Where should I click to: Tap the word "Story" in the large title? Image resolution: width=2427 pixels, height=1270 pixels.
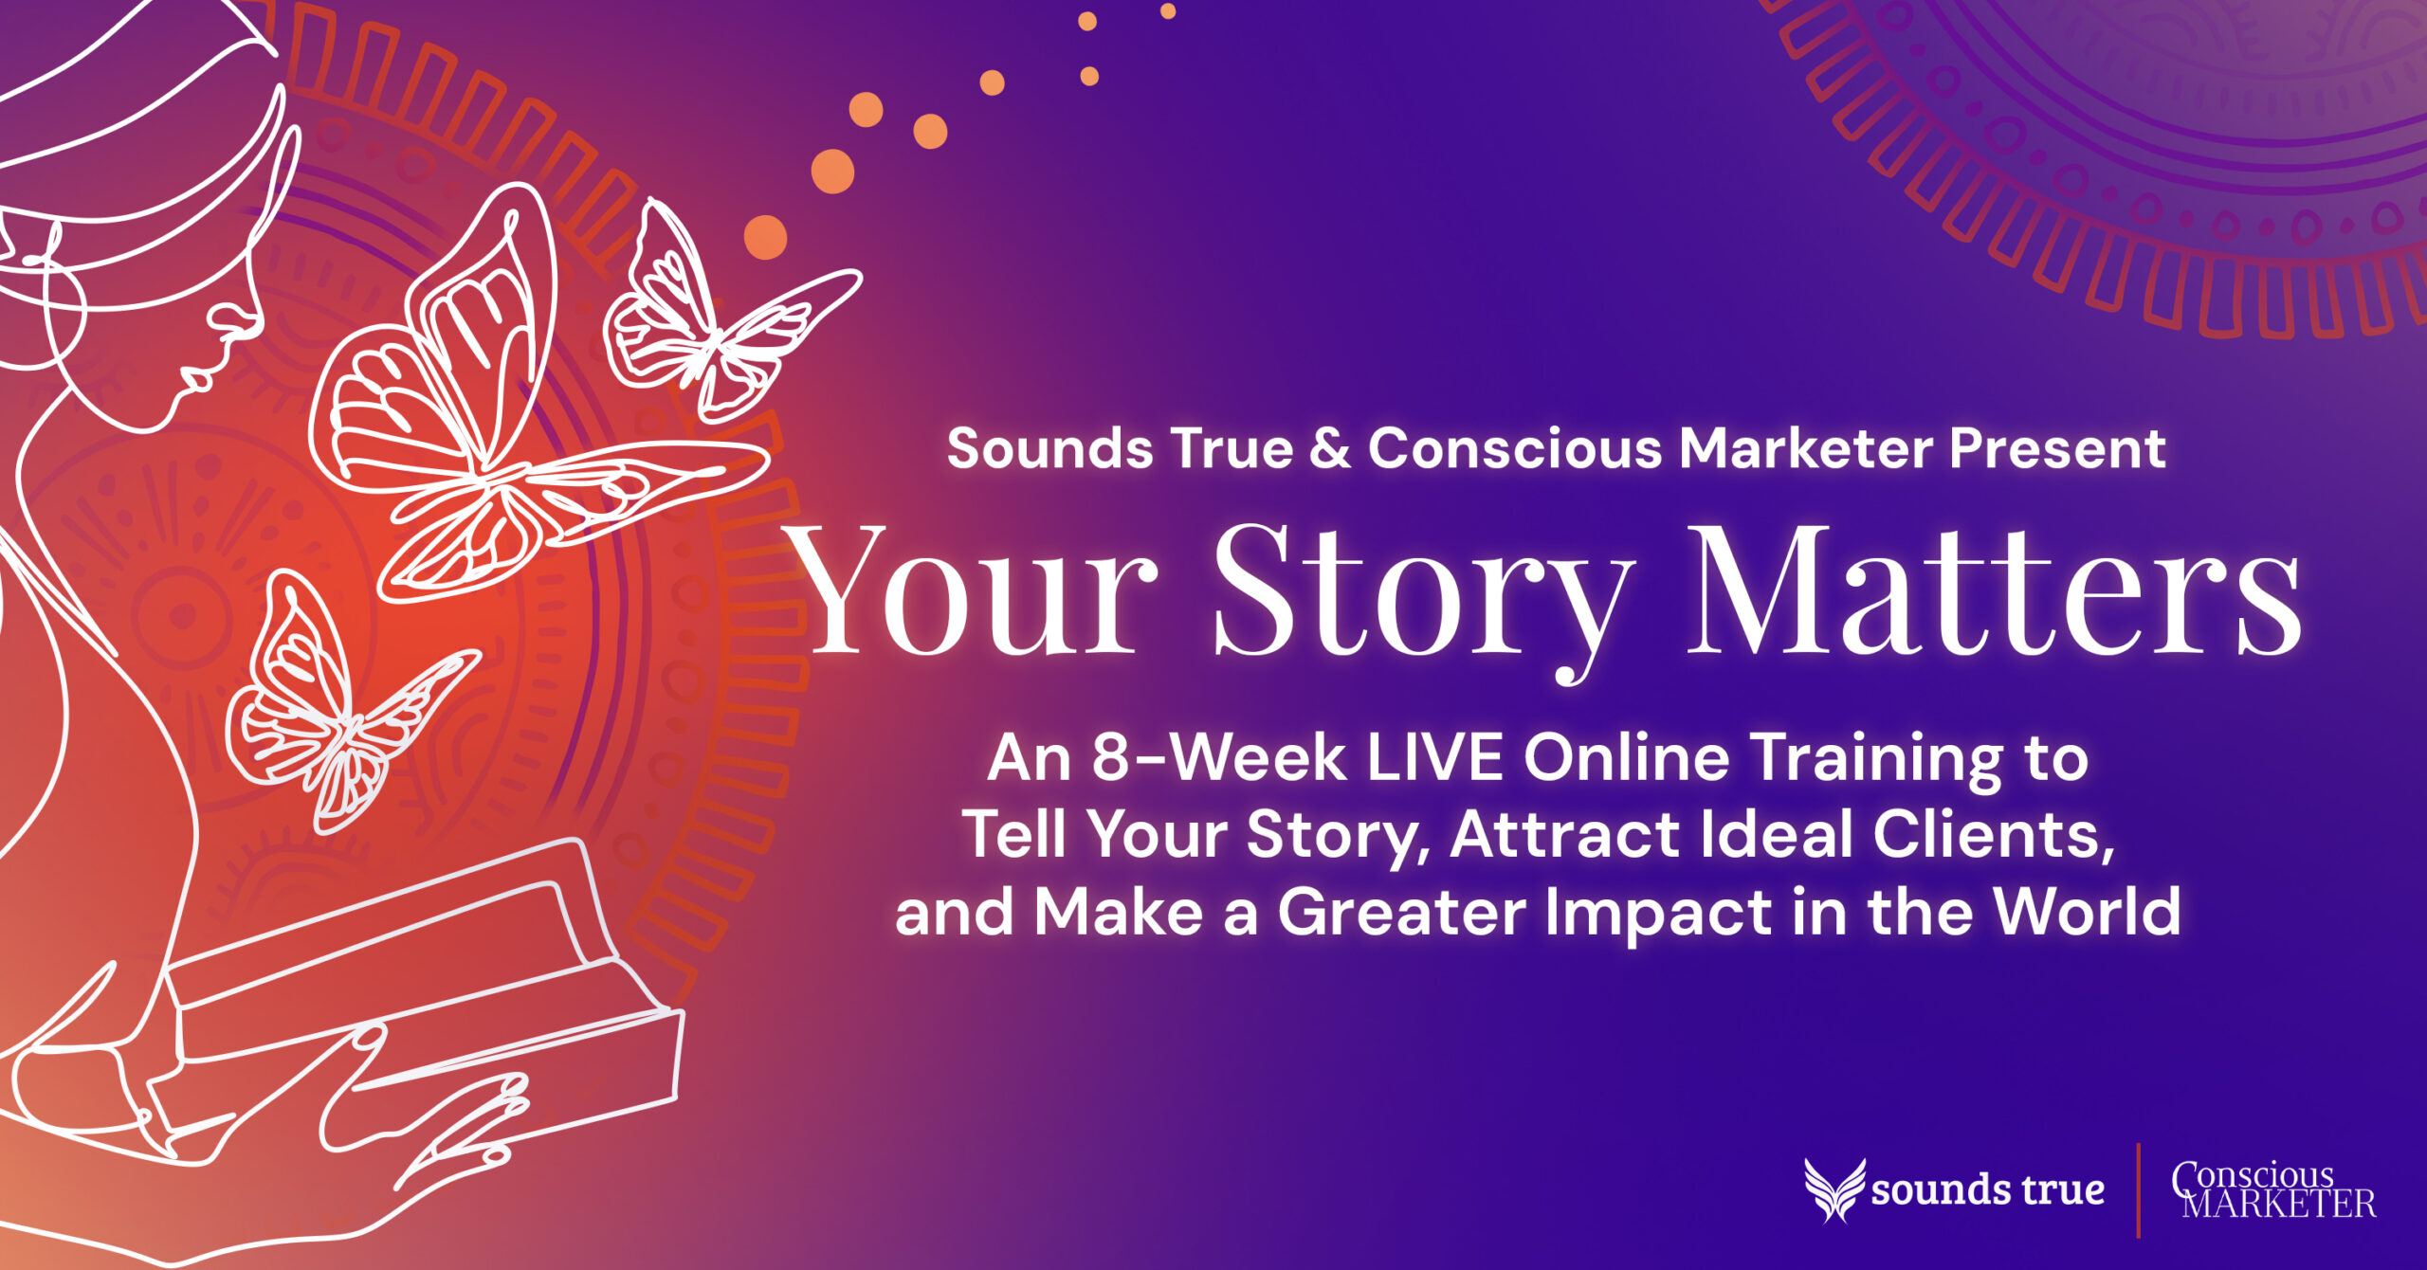(1422, 597)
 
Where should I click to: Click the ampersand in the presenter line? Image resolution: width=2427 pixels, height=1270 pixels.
(1330, 449)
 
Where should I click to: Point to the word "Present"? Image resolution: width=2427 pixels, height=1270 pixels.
(2057, 449)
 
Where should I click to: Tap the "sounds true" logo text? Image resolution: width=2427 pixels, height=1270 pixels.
(1988, 1190)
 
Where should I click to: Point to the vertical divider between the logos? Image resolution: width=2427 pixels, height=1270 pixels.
(2138, 1190)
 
